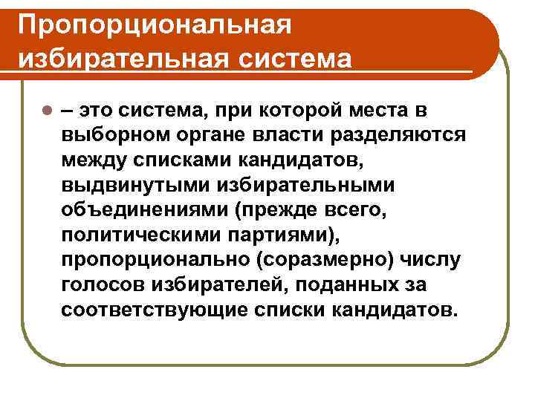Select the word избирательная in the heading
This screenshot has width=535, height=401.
[110, 57]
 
